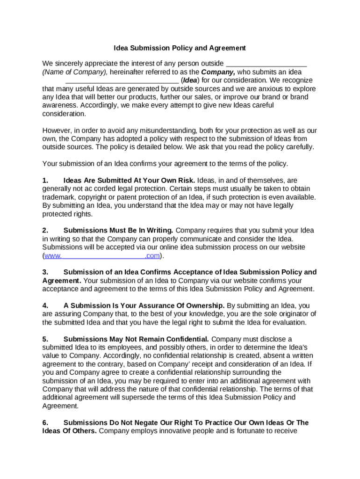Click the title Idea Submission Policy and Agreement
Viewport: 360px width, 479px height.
(x=180, y=48)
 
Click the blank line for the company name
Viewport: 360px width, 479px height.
(x=266, y=64)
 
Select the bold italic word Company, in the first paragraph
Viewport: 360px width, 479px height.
(x=218, y=73)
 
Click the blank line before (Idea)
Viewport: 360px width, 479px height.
(x=119, y=80)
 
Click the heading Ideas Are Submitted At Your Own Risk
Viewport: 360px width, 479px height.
(x=129, y=181)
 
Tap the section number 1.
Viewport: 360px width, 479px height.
(x=45, y=181)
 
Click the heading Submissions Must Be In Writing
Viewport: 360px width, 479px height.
(x=118, y=231)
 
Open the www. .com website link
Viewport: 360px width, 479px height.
(x=102, y=256)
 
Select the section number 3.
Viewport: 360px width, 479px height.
(x=45, y=272)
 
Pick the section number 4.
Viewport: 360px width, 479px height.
(x=45, y=306)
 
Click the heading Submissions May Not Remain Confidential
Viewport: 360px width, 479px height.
(x=136, y=339)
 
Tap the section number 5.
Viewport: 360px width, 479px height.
(x=45, y=339)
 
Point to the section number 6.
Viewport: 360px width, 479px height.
(x=45, y=423)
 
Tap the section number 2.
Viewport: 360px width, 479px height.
(x=45, y=231)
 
